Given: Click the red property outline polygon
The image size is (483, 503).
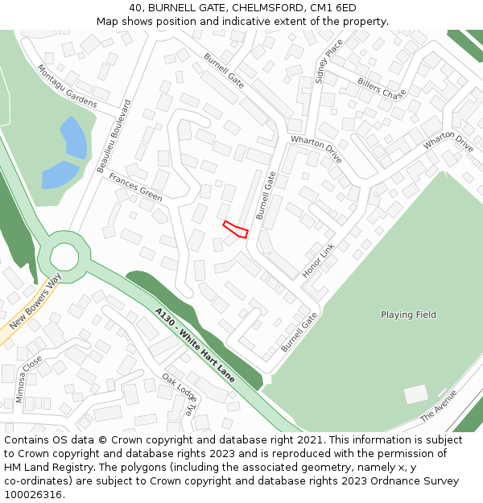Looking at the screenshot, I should point(235,229).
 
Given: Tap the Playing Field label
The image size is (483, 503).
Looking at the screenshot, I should point(408,315).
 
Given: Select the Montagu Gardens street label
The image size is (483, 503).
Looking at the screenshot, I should point(67,86).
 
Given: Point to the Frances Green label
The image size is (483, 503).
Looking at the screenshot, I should point(135,188).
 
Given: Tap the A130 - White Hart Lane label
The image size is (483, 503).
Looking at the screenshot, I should point(195,344).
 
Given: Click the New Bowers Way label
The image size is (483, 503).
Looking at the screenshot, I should point(35,303).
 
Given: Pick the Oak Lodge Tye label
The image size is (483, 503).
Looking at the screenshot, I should point(179,394).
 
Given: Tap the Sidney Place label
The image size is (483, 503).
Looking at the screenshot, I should point(329,61).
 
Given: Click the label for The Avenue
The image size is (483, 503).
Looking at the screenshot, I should point(439,406).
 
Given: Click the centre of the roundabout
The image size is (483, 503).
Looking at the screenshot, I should point(64,258).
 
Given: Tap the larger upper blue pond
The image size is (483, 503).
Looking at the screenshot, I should point(72,138).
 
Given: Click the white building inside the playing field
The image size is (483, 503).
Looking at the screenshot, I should point(416,394).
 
